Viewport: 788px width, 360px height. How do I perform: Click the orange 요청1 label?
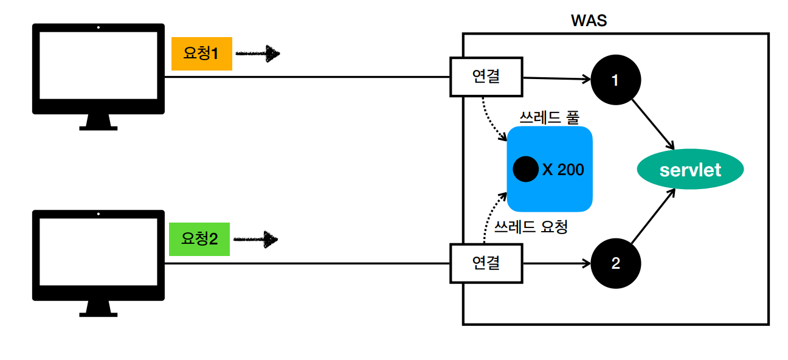[201, 54]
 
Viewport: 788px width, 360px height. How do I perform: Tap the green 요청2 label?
[199, 240]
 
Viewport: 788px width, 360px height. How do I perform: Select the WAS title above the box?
[589, 20]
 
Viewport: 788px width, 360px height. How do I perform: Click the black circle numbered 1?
[615, 80]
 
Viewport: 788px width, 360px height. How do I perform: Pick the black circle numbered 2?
[615, 263]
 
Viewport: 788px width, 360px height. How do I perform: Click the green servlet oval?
[690, 170]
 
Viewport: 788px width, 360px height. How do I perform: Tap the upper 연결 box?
[486, 77]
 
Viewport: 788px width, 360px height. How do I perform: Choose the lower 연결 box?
[486, 263]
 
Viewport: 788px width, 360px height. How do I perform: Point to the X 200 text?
[562, 169]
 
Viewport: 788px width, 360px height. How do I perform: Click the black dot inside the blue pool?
[525, 169]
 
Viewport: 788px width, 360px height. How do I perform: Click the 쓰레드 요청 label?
[531, 227]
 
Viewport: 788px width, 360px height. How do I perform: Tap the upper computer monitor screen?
[98, 66]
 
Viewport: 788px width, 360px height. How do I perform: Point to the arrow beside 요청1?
[257, 54]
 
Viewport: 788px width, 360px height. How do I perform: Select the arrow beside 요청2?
[256, 240]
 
